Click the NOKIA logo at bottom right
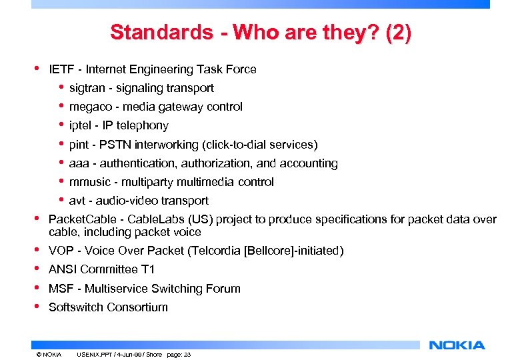coord(457,345)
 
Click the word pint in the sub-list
coord(79,145)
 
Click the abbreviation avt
coord(77,201)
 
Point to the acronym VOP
coord(61,251)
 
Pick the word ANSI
coord(63,269)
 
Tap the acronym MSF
coord(60,289)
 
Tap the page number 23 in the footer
coord(187,354)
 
